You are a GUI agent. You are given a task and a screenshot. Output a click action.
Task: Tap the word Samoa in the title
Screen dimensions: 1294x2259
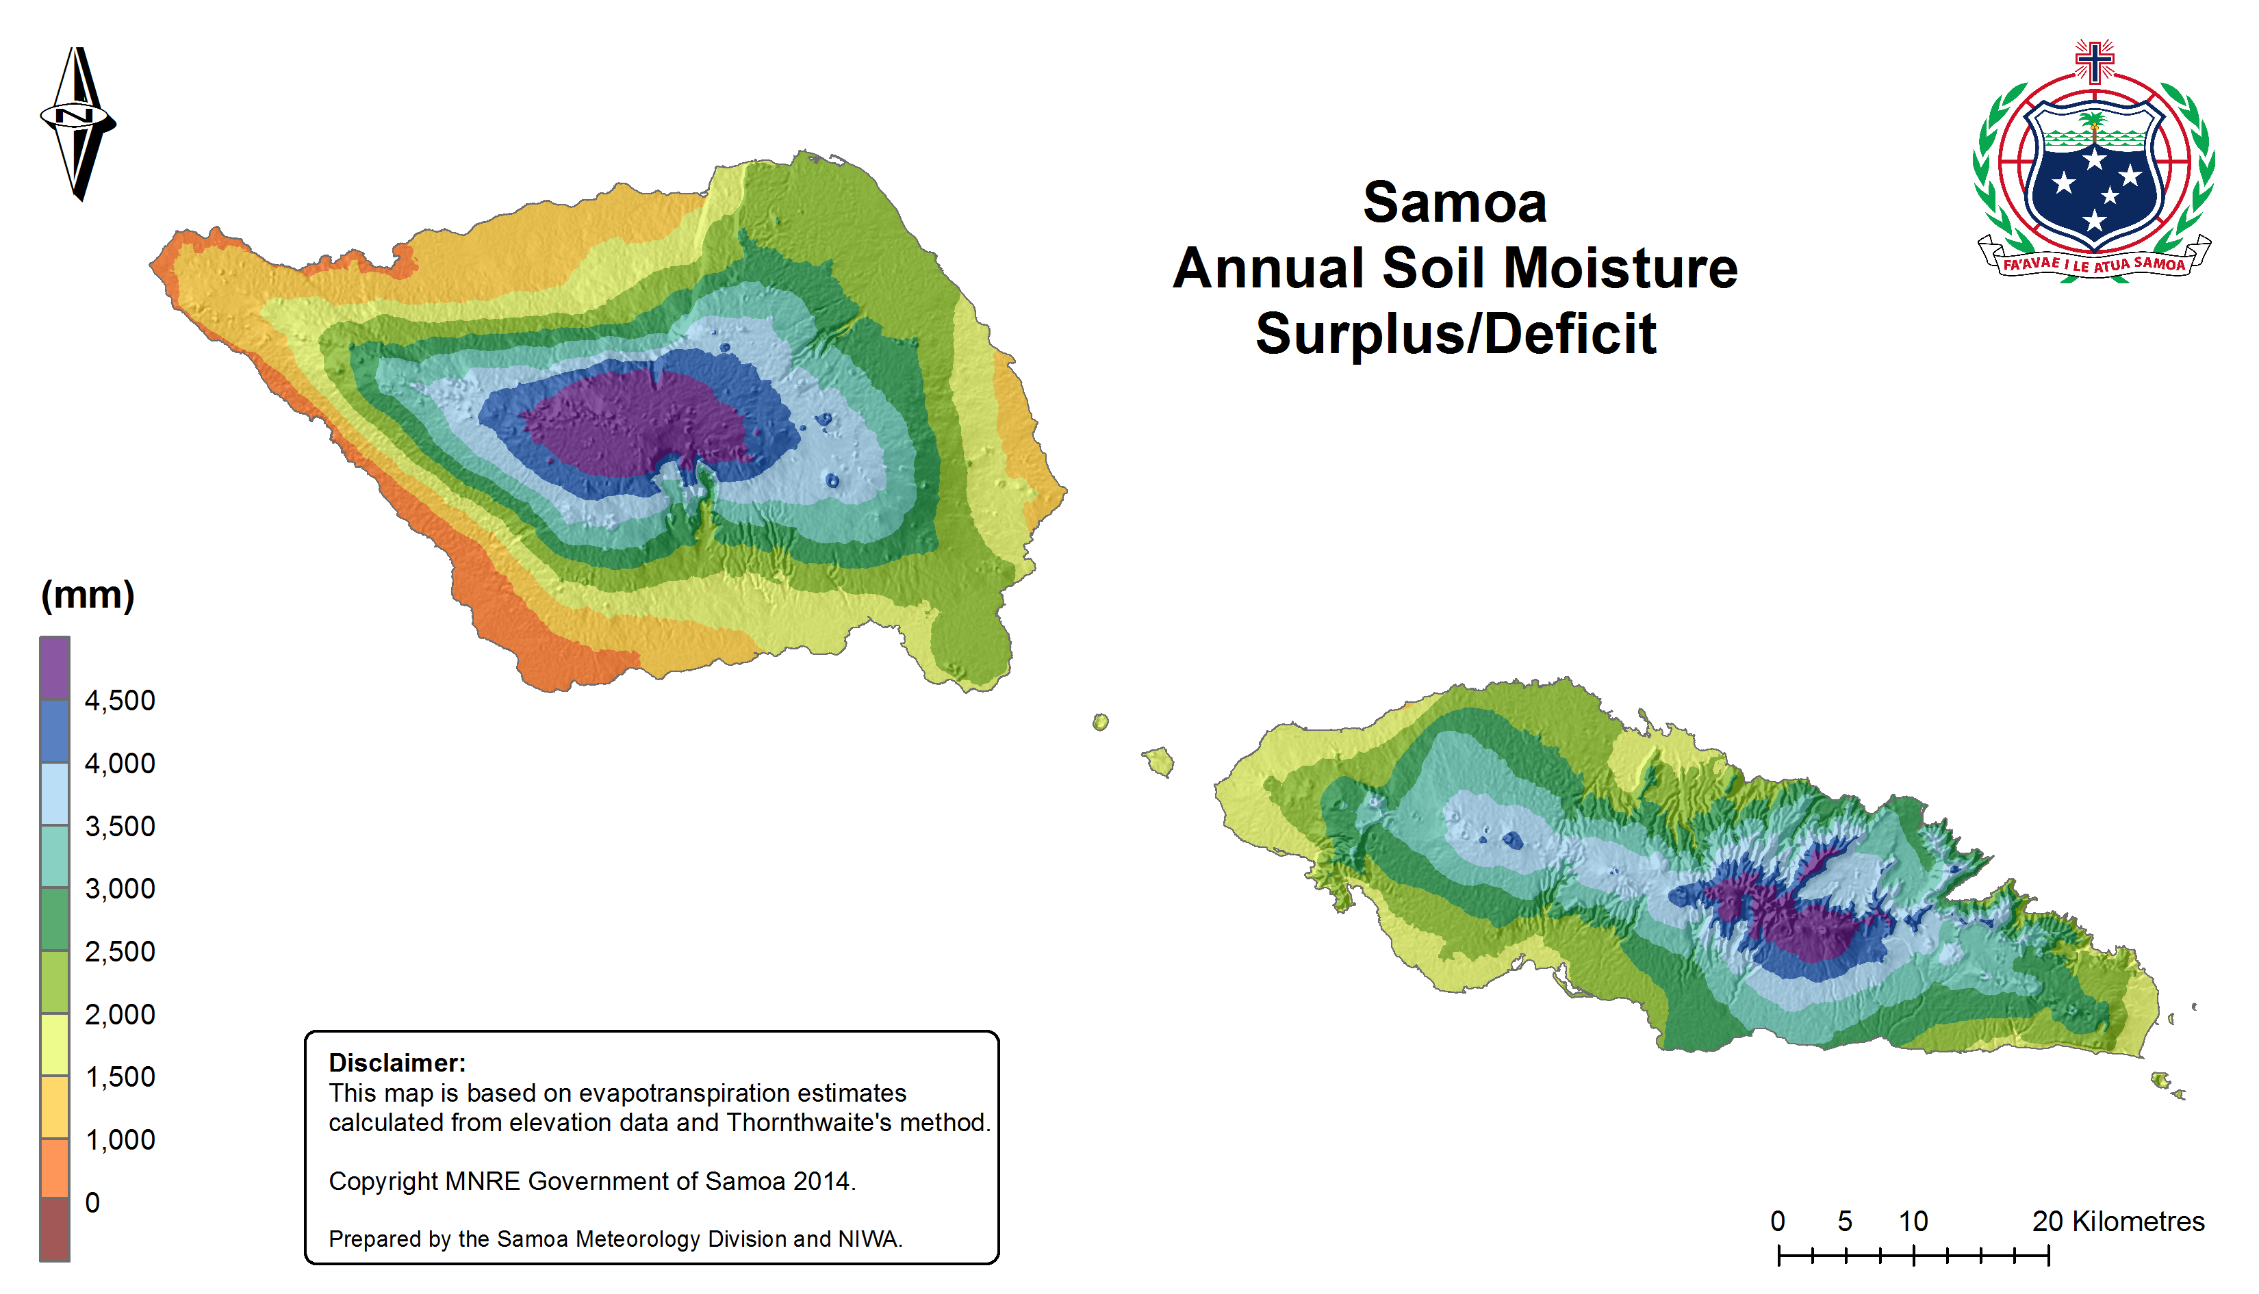pyautogui.click(x=1455, y=203)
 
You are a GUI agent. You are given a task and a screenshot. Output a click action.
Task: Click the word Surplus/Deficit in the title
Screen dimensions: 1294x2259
pyautogui.click(x=1455, y=334)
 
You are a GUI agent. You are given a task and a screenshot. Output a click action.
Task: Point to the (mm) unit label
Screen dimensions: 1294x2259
pyautogui.click(x=87, y=595)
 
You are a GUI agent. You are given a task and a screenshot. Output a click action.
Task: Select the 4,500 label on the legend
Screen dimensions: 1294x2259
pyautogui.click(x=119, y=700)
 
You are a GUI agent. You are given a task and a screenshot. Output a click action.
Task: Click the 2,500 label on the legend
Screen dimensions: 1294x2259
pyautogui.click(x=119, y=952)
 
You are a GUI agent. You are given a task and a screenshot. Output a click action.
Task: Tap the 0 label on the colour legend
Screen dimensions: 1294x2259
pyautogui.click(x=92, y=1202)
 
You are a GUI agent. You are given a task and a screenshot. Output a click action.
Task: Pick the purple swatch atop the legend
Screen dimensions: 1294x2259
pyautogui.click(x=55, y=669)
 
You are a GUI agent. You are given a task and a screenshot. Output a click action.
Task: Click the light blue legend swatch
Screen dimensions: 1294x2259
pyautogui.click(x=55, y=794)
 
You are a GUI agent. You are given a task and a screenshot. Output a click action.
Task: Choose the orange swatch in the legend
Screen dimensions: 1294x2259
pyautogui.click(x=55, y=1168)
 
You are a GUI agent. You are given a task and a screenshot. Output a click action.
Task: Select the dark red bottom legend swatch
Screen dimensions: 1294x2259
pyautogui.click(x=55, y=1230)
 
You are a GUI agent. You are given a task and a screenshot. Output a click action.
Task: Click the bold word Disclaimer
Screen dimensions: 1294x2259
pyautogui.click(x=396, y=1063)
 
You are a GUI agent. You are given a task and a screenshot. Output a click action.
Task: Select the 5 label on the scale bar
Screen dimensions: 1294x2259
pyautogui.click(x=1845, y=1221)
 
